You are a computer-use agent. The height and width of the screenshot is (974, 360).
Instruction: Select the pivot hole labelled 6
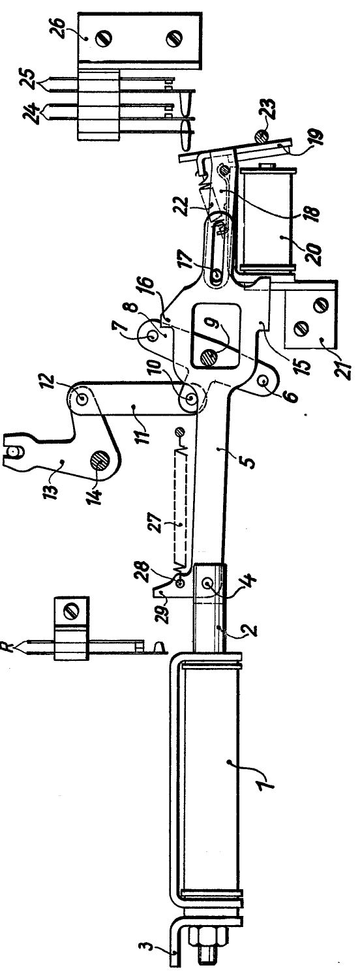tap(263, 381)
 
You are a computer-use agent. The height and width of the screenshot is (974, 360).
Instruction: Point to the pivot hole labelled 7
tap(153, 336)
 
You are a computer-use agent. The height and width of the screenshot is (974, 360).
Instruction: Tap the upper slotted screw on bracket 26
tap(105, 38)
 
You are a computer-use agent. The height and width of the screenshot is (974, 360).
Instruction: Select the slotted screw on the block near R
tap(70, 613)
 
